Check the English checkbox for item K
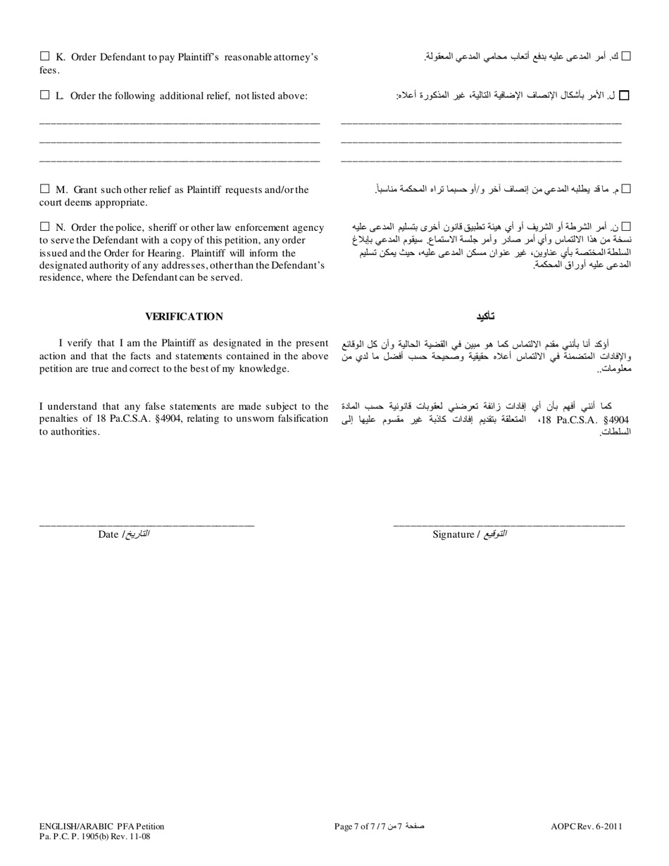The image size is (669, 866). pyautogui.click(x=45, y=56)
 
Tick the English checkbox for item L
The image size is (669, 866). pyautogui.click(x=45, y=94)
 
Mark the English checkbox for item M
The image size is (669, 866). pyautogui.click(x=45, y=189)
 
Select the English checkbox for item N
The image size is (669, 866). pyautogui.click(x=45, y=227)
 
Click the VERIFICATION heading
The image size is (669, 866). pyautogui.click(x=184, y=317)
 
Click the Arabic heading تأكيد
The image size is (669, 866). pyautogui.click(x=485, y=317)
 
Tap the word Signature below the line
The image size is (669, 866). pyautogui.click(x=453, y=534)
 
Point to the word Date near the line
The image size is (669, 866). pyautogui.click(x=108, y=534)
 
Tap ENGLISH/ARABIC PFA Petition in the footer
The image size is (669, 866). pyautogui.click(x=101, y=827)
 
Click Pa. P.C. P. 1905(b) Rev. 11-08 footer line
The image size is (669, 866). pyautogui.click(x=94, y=836)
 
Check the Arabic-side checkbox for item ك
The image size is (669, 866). pyautogui.click(x=627, y=56)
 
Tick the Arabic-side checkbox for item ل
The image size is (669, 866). pyautogui.click(x=623, y=95)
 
